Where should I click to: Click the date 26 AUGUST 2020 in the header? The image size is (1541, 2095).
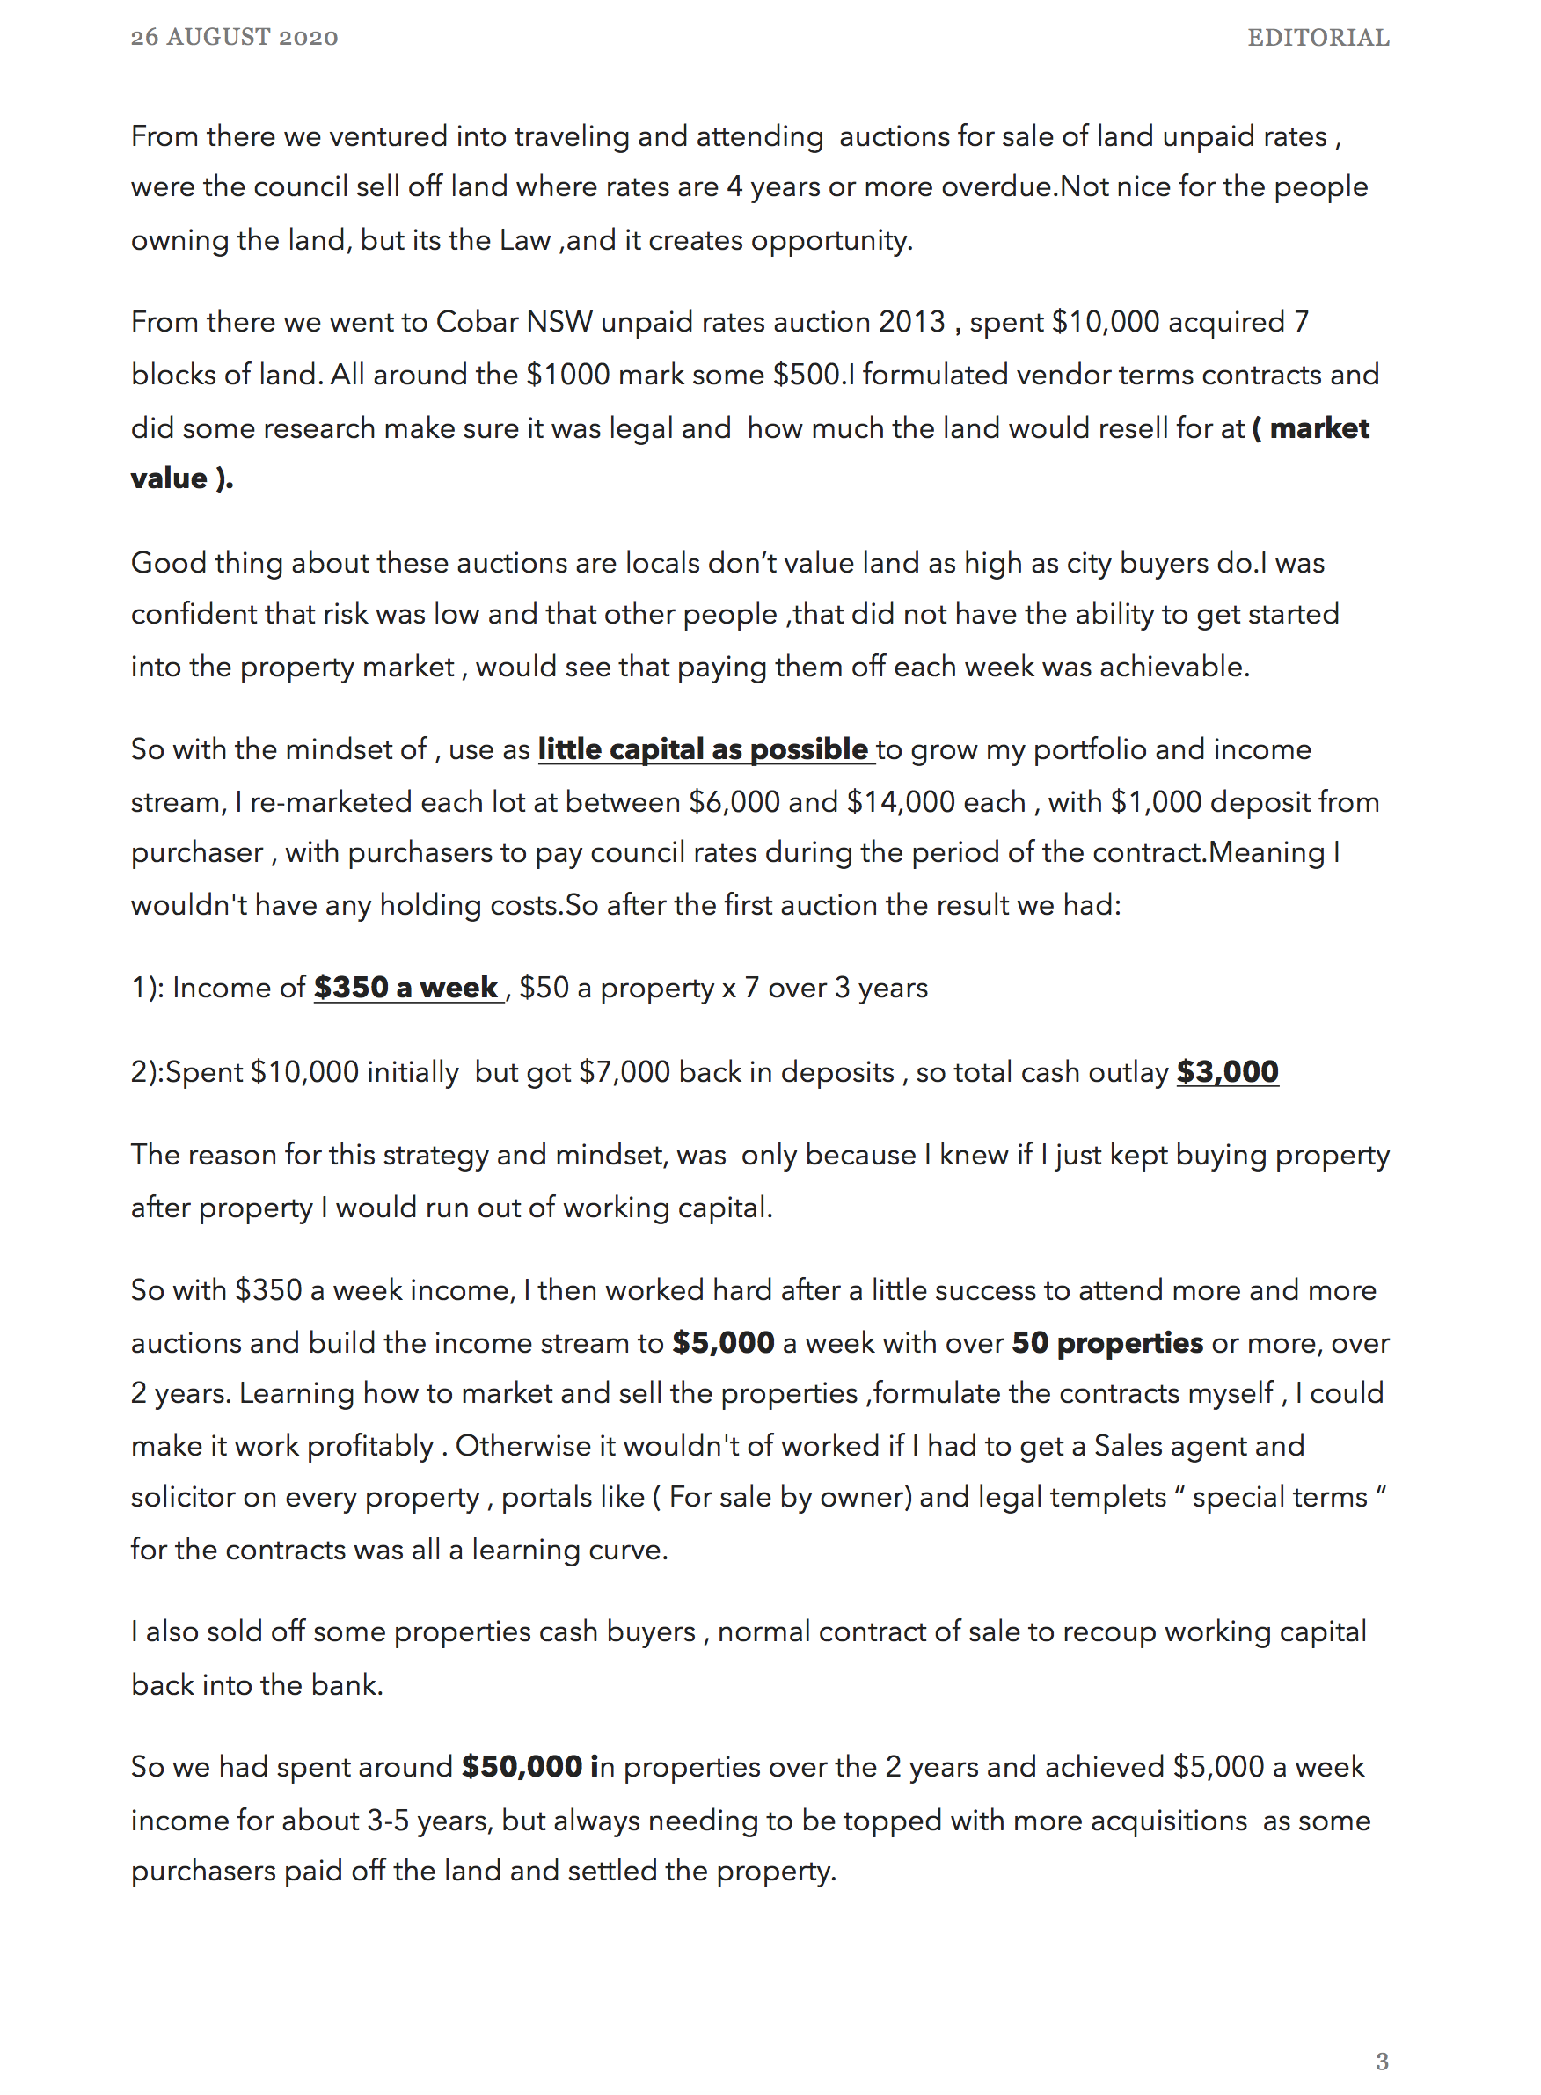(234, 37)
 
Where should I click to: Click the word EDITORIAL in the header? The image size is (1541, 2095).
(1318, 37)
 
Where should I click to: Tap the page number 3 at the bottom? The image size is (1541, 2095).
(1382, 2061)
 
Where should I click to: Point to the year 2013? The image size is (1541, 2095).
(911, 322)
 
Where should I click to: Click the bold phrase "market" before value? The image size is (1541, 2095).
(1319, 428)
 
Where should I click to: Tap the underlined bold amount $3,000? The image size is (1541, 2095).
(1227, 1072)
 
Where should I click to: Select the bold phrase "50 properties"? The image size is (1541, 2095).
(1107, 1342)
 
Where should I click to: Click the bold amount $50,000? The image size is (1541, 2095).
(522, 1766)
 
